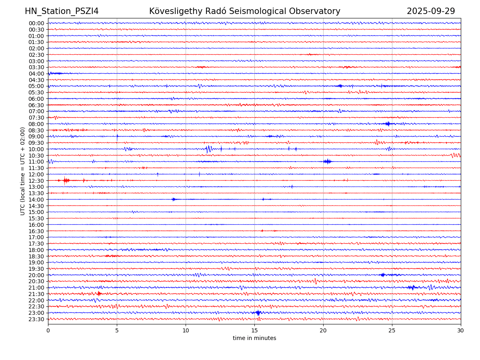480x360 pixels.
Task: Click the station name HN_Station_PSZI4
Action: tap(62, 11)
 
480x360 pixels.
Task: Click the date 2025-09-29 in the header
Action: tap(431, 11)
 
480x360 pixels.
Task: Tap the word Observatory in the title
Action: tap(318, 11)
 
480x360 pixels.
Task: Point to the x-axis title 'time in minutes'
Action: tap(254, 338)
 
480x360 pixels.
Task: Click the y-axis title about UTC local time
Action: tap(23, 171)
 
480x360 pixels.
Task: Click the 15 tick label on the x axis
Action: tap(254, 331)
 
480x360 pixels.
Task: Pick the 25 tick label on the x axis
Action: tap(392, 331)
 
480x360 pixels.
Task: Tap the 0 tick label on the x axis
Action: tap(48, 331)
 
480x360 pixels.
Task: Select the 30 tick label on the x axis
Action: tap(461, 331)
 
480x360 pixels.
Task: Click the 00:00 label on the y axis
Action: tap(36, 23)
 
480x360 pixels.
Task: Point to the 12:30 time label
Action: tap(36, 181)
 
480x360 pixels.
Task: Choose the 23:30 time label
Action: tap(36, 319)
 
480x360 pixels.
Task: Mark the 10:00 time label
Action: tap(36, 149)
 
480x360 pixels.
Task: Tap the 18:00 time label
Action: tap(36, 250)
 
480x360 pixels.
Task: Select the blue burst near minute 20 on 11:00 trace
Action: tap(327, 161)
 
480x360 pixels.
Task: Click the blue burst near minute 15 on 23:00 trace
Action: tap(258, 313)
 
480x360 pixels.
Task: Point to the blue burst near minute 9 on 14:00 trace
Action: tap(174, 199)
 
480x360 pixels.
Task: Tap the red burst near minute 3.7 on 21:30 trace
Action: tap(99, 294)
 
